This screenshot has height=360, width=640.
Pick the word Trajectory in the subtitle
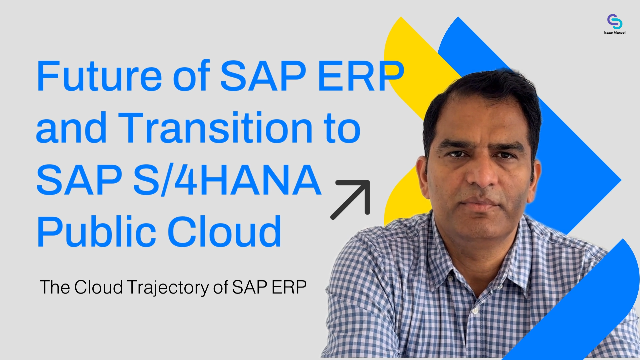tap(168, 287)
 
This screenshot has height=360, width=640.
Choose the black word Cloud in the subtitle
tap(99, 287)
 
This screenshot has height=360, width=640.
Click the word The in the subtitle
tap(55, 287)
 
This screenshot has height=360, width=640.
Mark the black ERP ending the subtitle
tap(289, 287)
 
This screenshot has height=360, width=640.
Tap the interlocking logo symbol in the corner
tap(615, 21)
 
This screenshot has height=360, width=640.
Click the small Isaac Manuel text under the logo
tap(615, 32)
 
